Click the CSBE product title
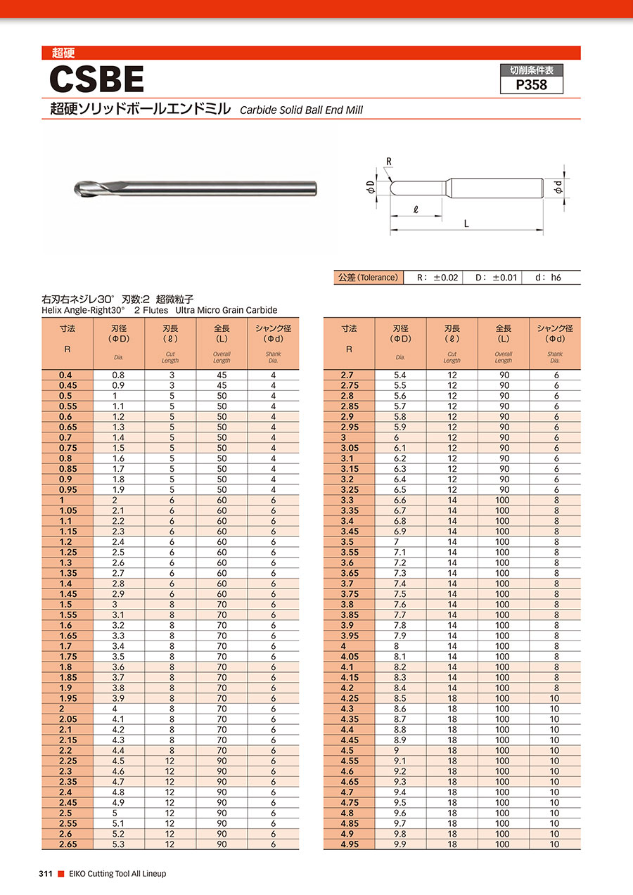pyautogui.click(x=97, y=79)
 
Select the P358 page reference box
pyautogui.click(x=531, y=85)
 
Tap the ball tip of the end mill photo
pyautogui.click(x=79, y=188)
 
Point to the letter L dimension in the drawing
pyautogui.click(x=466, y=224)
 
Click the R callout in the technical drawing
pyautogui.click(x=388, y=162)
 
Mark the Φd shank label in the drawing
pyautogui.click(x=557, y=188)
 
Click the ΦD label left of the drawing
pyautogui.click(x=370, y=188)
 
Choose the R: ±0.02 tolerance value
pyautogui.click(x=437, y=278)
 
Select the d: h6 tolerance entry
pyautogui.click(x=548, y=278)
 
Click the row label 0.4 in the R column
pyautogui.click(x=67, y=375)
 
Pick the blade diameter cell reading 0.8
pyautogui.click(x=118, y=375)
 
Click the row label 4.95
pyautogui.click(x=349, y=844)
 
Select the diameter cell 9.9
pyautogui.click(x=400, y=844)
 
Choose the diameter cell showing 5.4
pyautogui.click(x=400, y=375)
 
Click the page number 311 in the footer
pyautogui.click(x=46, y=874)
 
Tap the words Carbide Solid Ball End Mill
pyautogui.click(x=301, y=110)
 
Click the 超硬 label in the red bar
pyautogui.click(x=63, y=53)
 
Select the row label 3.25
pyautogui.click(x=349, y=490)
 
